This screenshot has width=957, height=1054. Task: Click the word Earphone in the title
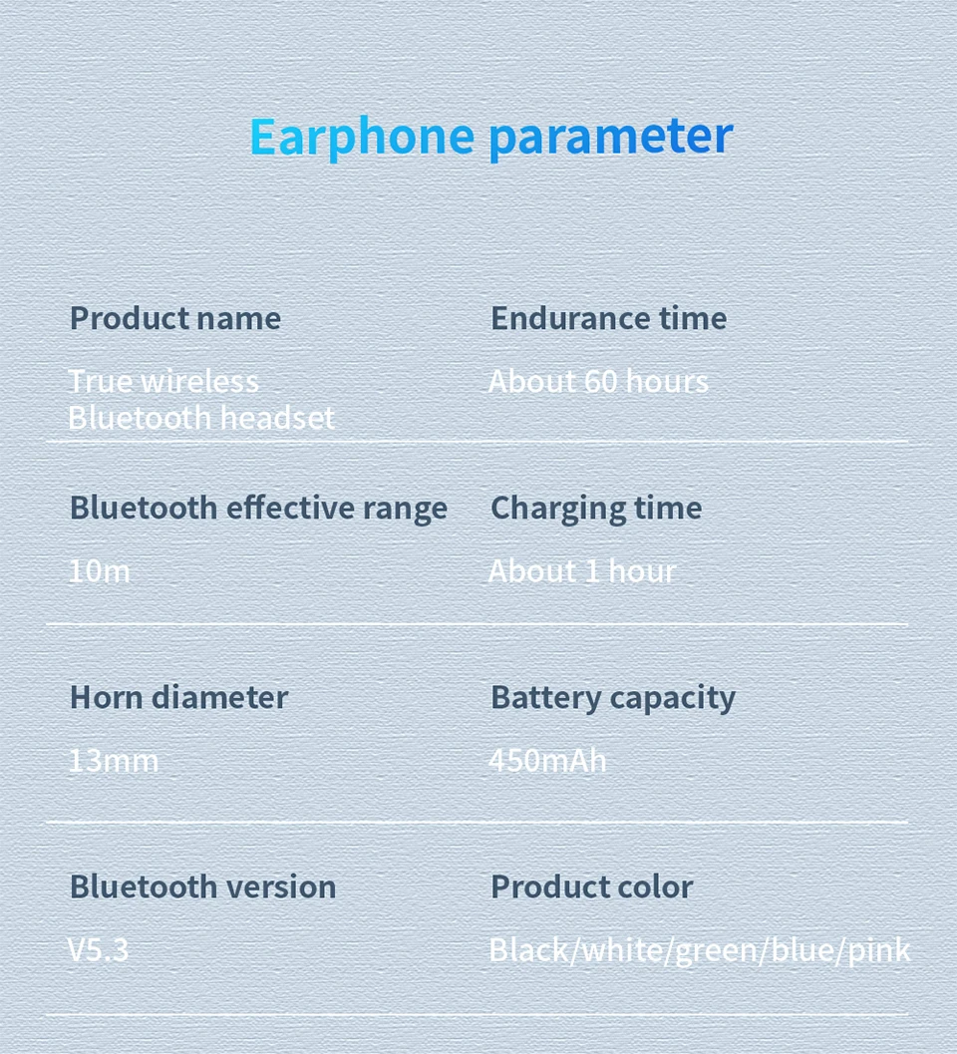362,138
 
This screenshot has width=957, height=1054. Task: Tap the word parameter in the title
610,138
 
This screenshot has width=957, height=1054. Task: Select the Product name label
175,318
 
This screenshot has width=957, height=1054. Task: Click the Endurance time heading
609,318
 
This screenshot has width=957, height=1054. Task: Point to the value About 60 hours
598,381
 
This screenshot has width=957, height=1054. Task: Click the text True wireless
163,381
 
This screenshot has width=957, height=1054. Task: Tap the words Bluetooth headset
201,418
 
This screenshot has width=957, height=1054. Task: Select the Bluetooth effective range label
259,509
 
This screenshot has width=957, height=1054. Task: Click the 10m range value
100,571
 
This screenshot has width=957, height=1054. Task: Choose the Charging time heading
596,509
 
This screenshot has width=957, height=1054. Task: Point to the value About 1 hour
582,571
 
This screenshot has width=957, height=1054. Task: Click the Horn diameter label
178,697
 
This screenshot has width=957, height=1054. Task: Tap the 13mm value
114,761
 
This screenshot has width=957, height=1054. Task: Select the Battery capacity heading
613,698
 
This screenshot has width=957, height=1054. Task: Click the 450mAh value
547,761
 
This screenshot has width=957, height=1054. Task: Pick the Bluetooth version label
203,886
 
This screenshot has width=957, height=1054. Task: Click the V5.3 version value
98,950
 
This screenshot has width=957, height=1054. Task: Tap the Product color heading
592,886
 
